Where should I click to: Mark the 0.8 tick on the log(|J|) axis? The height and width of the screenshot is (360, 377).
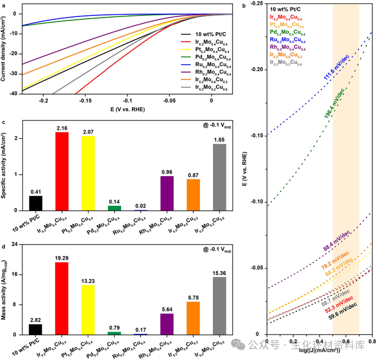tap(372, 340)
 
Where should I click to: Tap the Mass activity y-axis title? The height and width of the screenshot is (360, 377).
tap(6, 289)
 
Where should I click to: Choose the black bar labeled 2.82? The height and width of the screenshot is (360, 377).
tap(35, 329)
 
